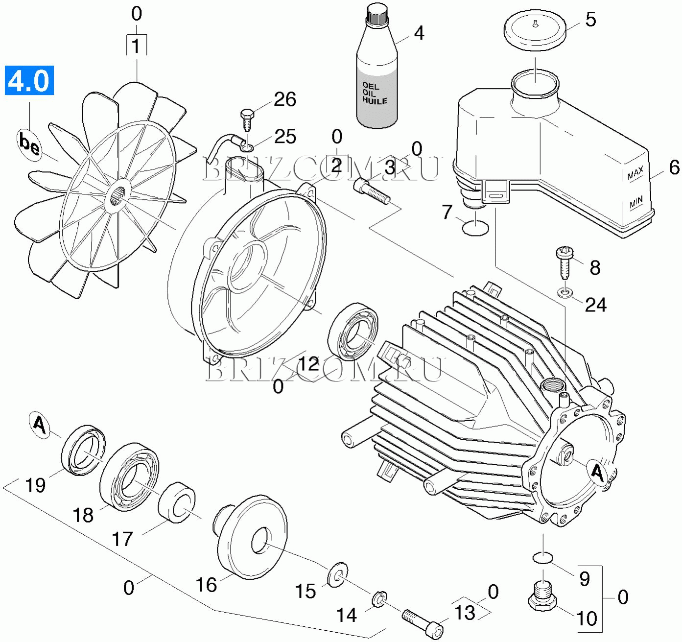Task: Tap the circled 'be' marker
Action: (29, 143)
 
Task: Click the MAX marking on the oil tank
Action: (635, 173)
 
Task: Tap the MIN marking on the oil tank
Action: (636, 202)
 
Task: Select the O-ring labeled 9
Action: (542, 558)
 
